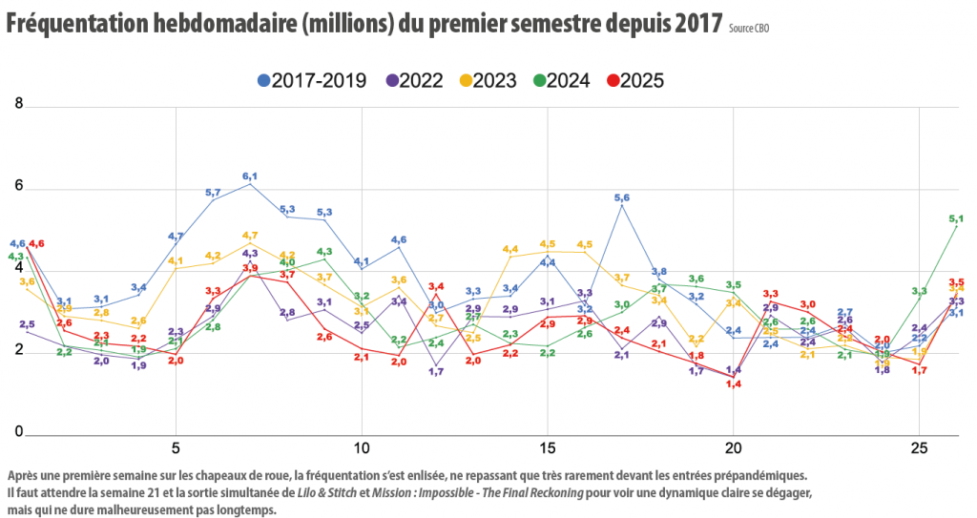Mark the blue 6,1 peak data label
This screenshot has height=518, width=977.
tap(250, 176)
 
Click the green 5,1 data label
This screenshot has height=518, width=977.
tap(956, 218)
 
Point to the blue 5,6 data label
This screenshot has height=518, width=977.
tap(622, 197)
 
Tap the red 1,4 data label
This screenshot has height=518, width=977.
tap(734, 384)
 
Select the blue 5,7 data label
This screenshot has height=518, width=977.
tap(213, 193)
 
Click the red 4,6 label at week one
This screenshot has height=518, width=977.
tap(37, 244)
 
